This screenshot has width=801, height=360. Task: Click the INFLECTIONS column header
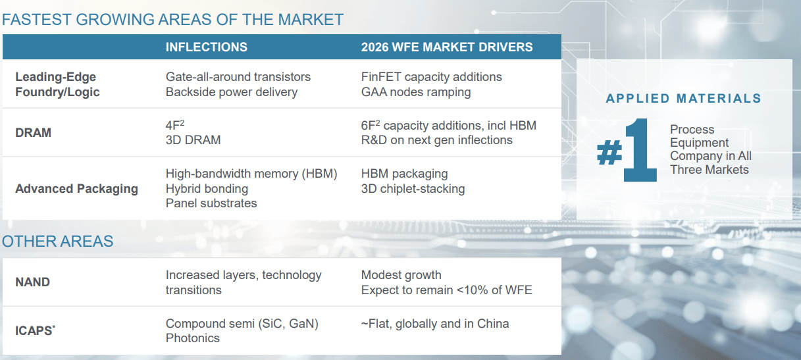click(x=206, y=47)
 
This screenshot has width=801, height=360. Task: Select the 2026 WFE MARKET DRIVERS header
click(x=447, y=47)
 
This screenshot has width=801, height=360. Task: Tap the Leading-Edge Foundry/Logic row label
click(x=57, y=84)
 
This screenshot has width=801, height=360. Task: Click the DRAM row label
click(x=34, y=133)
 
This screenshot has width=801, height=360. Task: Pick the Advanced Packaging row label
click(x=76, y=188)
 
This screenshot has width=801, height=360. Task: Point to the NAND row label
click(x=32, y=282)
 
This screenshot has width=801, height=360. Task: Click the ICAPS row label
click(x=35, y=330)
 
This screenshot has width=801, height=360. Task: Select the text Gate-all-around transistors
click(x=238, y=77)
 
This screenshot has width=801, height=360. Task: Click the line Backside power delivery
click(x=232, y=92)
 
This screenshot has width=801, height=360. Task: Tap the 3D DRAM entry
click(x=193, y=140)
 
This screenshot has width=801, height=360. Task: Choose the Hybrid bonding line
click(x=207, y=189)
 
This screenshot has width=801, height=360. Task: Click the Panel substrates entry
click(x=211, y=203)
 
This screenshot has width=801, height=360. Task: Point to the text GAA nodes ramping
click(x=416, y=92)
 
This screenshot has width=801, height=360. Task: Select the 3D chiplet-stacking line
click(x=413, y=189)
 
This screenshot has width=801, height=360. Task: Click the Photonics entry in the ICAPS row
click(x=192, y=338)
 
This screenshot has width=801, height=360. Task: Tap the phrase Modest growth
click(x=401, y=275)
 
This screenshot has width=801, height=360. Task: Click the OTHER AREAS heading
click(x=57, y=242)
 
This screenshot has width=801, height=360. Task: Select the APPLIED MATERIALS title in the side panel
click(x=684, y=98)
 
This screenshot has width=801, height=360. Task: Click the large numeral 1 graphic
click(x=640, y=150)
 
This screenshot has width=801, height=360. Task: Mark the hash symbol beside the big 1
click(x=609, y=152)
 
